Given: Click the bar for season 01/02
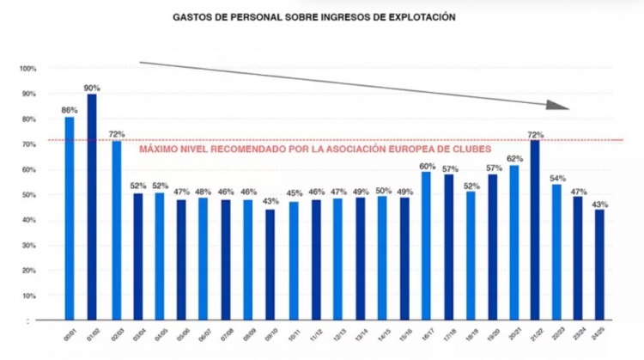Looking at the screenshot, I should pos(92,206).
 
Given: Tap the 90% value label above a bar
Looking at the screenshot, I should pos(92,88).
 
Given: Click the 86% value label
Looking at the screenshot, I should pos(70,110).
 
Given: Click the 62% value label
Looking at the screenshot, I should pos(513,159).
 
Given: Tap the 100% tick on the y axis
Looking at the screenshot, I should pos(27,69).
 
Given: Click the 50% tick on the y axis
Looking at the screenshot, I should pos(27,195).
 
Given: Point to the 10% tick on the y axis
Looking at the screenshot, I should pos(27,296).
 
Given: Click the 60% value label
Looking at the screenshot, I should pos(425,165).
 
